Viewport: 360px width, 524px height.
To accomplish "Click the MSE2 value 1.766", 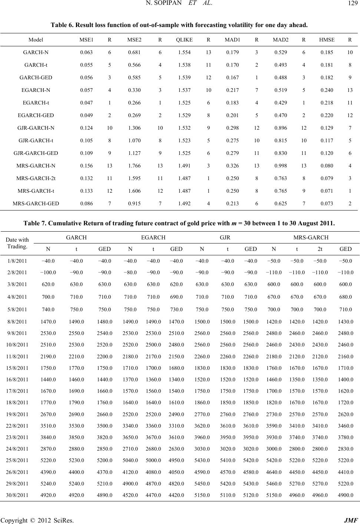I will click(x=133, y=166).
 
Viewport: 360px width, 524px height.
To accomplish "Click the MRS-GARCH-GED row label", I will click(x=36, y=203).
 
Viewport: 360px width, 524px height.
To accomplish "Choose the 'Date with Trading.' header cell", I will click(x=18, y=243).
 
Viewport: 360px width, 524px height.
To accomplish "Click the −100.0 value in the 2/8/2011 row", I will click(x=48, y=272).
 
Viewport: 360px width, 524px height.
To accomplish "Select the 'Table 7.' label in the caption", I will click(x=35, y=223).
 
